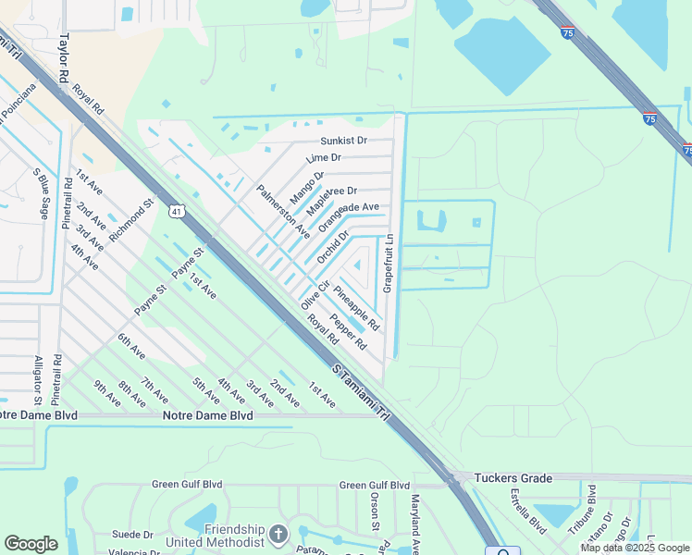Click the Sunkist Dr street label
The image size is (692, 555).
point(343,142)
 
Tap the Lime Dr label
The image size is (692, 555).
point(324,159)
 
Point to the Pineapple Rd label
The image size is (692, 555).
point(356,309)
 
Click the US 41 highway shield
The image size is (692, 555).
point(177,212)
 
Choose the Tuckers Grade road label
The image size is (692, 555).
point(513,478)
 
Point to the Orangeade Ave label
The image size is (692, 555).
point(349,217)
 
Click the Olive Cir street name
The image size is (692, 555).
point(315,294)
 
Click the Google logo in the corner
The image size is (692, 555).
point(31,544)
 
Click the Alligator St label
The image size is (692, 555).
point(38,380)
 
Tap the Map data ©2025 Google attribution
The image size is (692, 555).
point(634,548)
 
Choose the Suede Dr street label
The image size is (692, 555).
point(134,535)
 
